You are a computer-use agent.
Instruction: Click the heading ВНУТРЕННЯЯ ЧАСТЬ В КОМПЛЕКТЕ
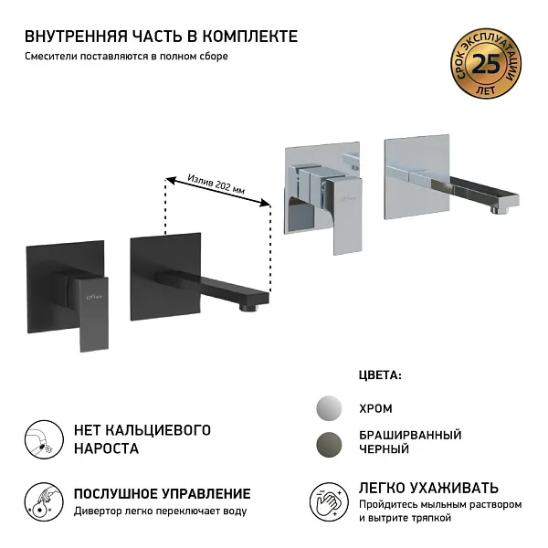[x=161, y=36]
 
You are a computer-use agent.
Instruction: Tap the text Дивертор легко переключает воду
[x=160, y=511]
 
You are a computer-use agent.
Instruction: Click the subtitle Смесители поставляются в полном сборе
[x=126, y=57]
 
